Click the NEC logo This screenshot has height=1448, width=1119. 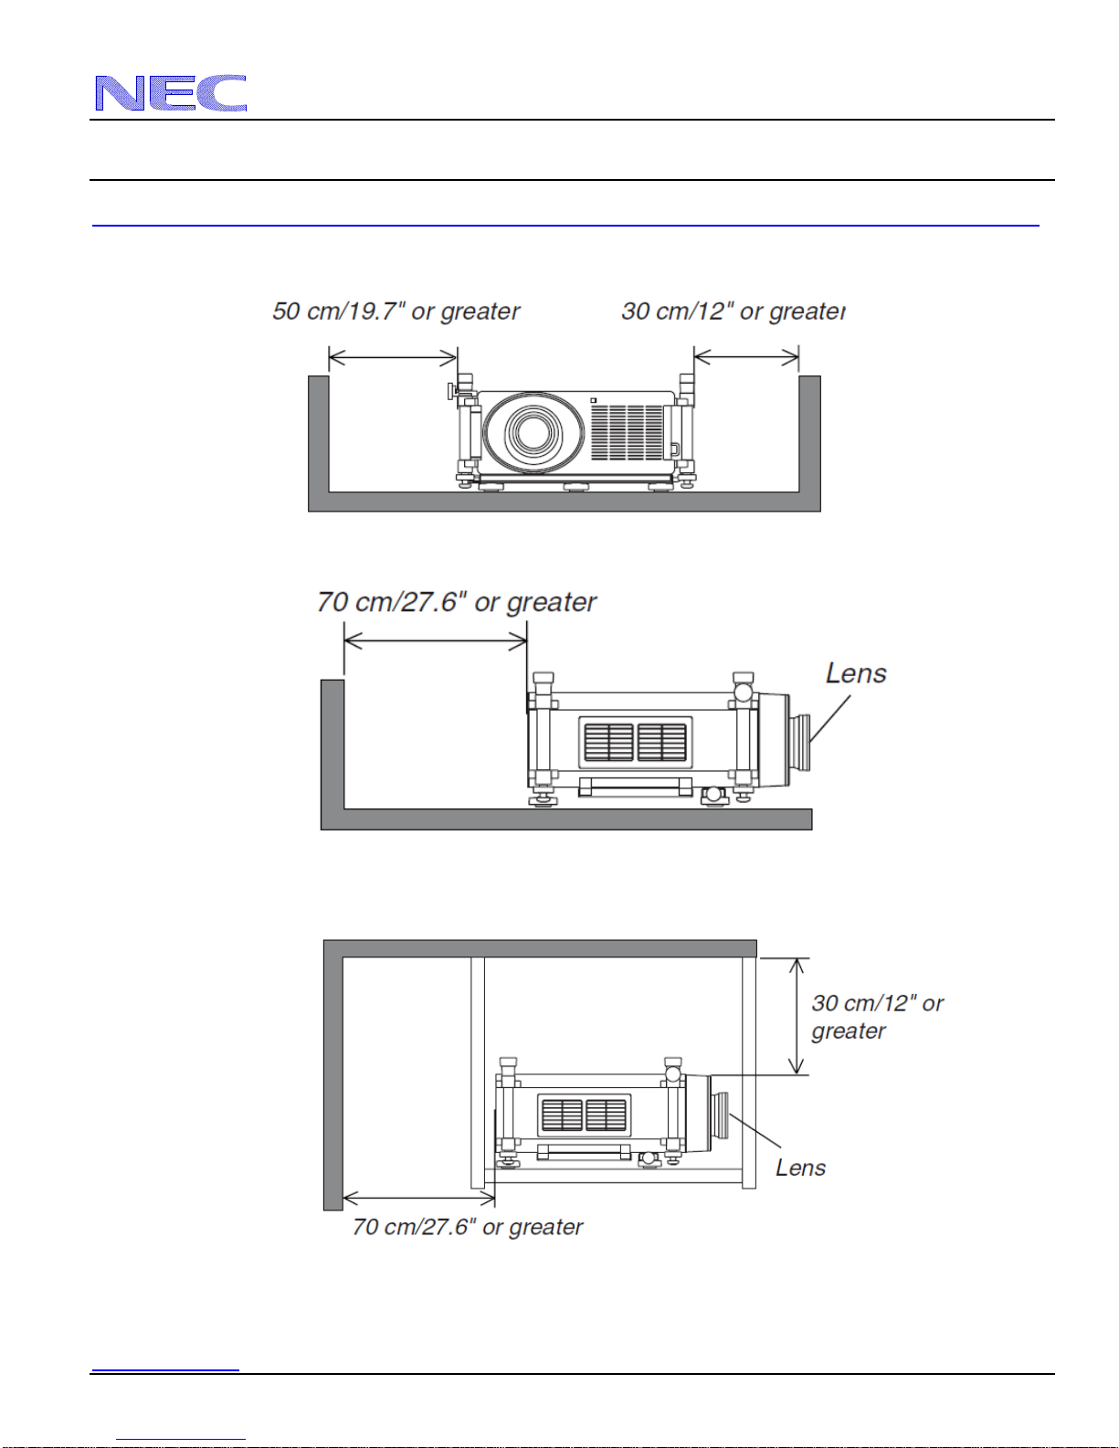tap(171, 92)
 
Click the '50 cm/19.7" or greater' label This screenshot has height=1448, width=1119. tap(396, 312)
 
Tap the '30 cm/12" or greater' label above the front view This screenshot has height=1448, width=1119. tap(734, 312)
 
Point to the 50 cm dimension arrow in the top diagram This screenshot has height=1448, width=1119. tap(393, 358)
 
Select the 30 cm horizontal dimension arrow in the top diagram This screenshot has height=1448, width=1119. tap(746, 357)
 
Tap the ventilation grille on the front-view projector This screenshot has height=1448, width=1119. tap(627, 432)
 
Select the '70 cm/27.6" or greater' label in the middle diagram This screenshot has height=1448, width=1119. tap(456, 602)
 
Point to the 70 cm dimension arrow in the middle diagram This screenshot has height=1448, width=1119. tap(436, 641)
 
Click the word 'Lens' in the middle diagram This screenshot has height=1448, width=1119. tap(856, 673)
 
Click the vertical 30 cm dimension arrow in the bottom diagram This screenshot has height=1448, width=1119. tap(796, 1016)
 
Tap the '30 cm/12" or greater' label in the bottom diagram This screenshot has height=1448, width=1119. tap(877, 1017)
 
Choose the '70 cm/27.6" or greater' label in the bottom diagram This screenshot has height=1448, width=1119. tap(468, 1227)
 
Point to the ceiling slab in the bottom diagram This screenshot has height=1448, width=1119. tap(540, 949)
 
